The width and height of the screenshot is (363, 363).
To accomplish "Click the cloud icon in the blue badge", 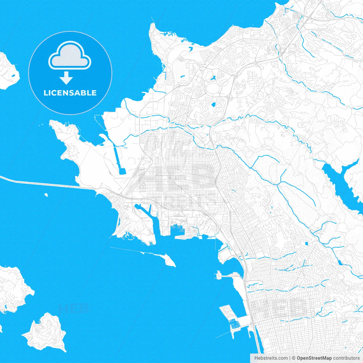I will pyautogui.click(x=70, y=56).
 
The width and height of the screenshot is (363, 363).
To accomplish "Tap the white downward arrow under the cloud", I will pyautogui.click(x=66, y=78).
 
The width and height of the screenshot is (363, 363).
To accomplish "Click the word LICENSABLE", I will pyautogui.click(x=70, y=93).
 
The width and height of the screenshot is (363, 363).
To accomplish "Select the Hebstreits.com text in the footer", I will pyautogui.click(x=271, y=358).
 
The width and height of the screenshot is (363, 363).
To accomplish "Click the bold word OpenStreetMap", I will pyautogui.click(x=314, y=358).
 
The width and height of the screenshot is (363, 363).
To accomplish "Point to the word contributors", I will pyautogui.click(x=346, y=358).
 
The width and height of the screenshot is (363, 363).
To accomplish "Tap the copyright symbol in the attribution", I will pyautogui.click(x=294, y=358).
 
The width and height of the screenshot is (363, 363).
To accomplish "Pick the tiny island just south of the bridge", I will pyautogui.click(x=46, y=195).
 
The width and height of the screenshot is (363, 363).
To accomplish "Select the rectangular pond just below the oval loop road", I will pyautogui.click(x=214, y=104).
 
